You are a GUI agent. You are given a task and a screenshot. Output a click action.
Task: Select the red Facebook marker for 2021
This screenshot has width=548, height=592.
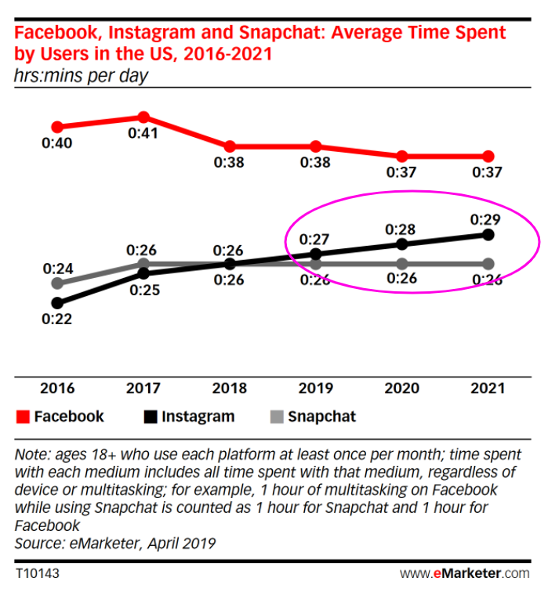pos(488,156)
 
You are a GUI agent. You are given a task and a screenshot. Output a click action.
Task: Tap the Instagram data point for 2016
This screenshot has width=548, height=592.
pos(57,302)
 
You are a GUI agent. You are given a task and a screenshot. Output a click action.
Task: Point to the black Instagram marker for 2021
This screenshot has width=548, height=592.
pos(488,234)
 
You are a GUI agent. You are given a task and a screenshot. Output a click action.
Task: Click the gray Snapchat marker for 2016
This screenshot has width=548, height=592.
pos(57,283)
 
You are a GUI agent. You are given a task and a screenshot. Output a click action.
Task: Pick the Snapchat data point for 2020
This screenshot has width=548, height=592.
pos(401,263)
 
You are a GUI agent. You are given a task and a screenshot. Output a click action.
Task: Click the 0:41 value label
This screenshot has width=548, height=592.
pos(143,133)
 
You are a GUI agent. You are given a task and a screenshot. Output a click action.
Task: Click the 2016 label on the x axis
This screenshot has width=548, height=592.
pos(57,388)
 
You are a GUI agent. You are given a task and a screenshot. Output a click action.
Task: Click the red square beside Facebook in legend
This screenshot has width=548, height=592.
pos(22,417)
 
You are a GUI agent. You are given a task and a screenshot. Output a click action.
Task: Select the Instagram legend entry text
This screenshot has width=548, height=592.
pos(198,417)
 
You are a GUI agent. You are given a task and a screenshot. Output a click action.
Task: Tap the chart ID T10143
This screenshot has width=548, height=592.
pos(38,574)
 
